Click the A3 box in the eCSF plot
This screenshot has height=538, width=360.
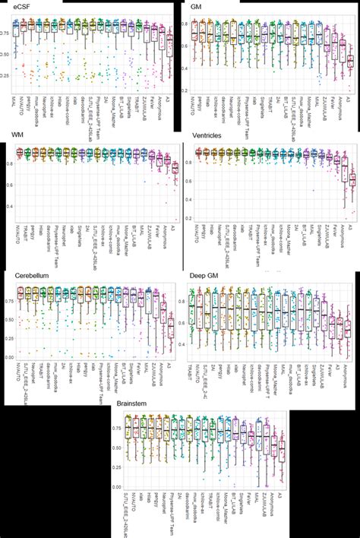point(170,46)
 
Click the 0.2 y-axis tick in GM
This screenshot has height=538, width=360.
point(185,100)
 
